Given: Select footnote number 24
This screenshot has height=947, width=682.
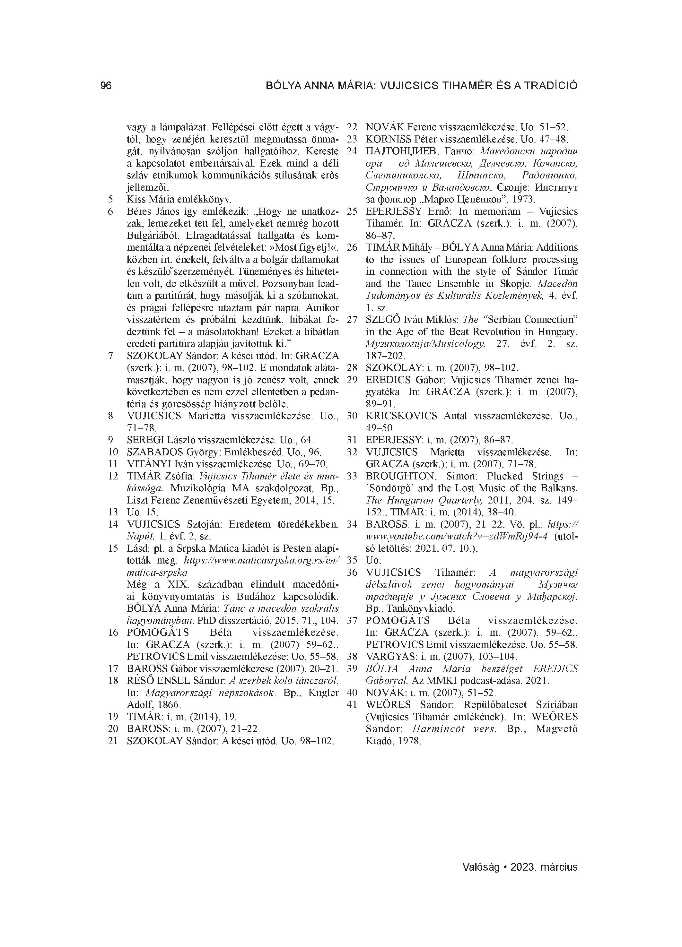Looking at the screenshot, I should pyautogui.click(x=352, y=151).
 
